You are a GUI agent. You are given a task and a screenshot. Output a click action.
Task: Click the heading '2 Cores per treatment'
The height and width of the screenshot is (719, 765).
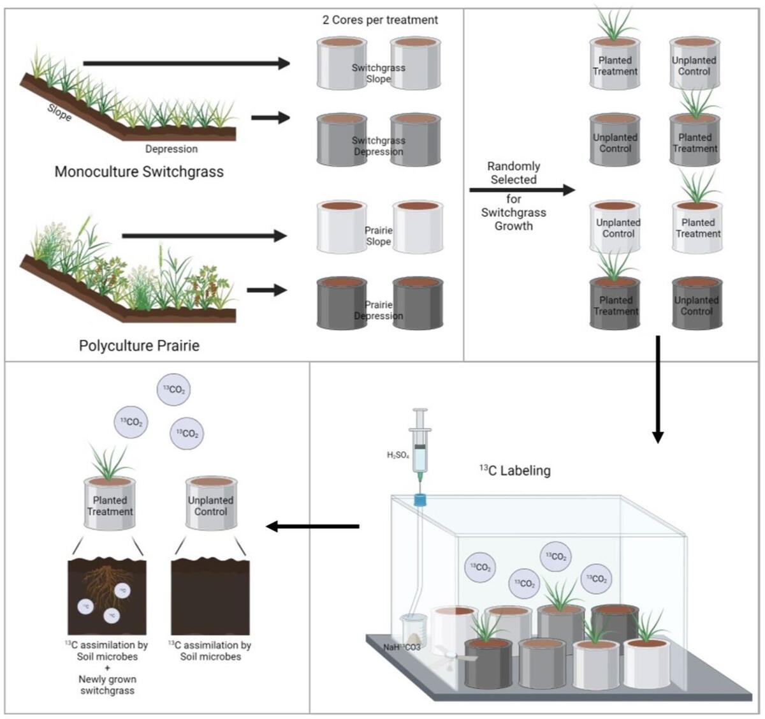(x=380, y=20)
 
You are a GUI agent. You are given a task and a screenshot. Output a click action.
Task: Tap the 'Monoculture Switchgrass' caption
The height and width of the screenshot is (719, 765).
(x=139, y=172)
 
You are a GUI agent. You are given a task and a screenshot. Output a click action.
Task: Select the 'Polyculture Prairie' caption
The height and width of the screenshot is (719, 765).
(x=139, y=346)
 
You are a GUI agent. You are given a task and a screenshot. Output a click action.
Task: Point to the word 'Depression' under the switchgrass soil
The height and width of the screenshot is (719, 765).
(x=171, y=149)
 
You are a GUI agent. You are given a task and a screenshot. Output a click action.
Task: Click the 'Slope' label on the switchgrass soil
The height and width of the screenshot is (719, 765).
(x=59, y=113)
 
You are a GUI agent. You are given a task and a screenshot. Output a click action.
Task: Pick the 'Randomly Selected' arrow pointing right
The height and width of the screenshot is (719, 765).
(x=521, y=190)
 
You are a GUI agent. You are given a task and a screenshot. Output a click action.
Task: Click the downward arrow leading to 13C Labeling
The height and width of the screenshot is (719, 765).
(x=658, y=389)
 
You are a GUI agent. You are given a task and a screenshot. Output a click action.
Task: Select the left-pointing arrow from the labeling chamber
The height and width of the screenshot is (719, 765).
(x=312, y=526)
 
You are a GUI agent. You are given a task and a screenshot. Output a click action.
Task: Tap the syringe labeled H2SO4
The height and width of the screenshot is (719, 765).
(x=421, y=447)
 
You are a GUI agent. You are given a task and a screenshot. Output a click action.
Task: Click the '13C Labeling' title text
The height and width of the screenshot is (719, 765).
(x=514, y=471)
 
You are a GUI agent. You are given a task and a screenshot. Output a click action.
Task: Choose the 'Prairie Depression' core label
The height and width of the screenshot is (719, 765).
(x=379, y=310)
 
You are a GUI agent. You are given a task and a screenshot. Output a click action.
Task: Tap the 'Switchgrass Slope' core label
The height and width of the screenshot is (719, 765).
(x=379, y=73)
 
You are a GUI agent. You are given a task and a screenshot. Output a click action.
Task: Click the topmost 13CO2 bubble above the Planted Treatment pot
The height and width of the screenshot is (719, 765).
(x=174, y=390)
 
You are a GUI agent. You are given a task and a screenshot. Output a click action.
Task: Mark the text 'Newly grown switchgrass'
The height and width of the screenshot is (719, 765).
(x=107, y=685)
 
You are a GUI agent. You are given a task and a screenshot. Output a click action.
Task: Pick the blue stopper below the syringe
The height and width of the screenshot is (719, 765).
(x=420, y=501)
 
